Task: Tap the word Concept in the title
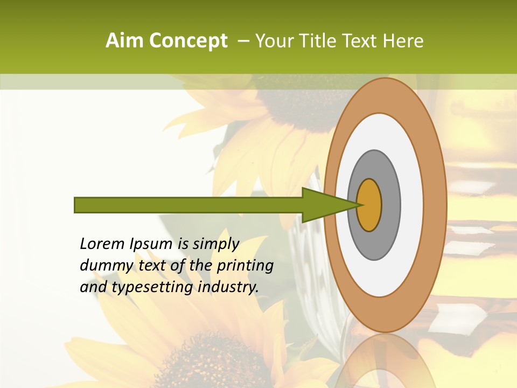click(188, 40)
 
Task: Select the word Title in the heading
click(318, 40)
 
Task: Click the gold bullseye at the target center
click(369, 205)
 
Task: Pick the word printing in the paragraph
click(245, 266)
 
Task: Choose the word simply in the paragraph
click(215, 244)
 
